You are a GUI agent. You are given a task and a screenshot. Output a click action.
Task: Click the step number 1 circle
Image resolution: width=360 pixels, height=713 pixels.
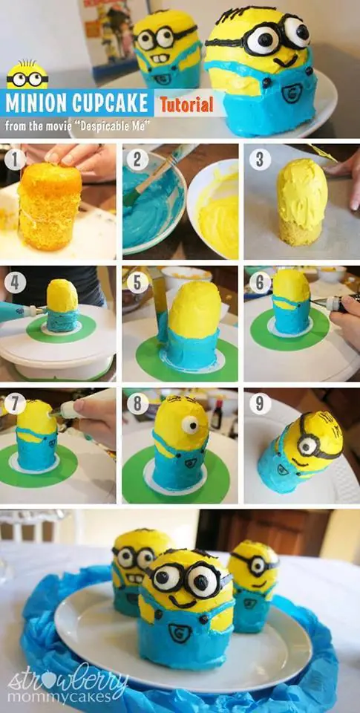click(x=15, y=160)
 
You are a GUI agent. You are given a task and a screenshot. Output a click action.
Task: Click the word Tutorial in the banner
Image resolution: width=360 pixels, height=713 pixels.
click(x=186, y=105)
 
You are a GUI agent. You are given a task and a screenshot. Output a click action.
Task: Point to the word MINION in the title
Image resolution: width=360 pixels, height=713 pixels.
click(x=35, y=103)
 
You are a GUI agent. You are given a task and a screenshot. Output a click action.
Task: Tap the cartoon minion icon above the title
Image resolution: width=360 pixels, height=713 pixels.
click(x=27, y=76)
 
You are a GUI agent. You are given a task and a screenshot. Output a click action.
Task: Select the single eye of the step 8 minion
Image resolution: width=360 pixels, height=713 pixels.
click(x=189, y=425)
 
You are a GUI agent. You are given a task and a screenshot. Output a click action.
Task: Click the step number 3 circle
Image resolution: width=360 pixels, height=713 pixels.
click(x=260, y=160)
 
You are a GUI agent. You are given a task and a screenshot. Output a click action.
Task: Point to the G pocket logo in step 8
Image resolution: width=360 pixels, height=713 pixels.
click(x=191, y=463)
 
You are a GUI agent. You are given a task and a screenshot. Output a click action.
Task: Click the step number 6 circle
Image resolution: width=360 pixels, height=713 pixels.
click(x=260, y=282)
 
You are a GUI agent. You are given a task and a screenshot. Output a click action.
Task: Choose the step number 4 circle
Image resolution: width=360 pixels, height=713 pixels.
click(x=15, y=282)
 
